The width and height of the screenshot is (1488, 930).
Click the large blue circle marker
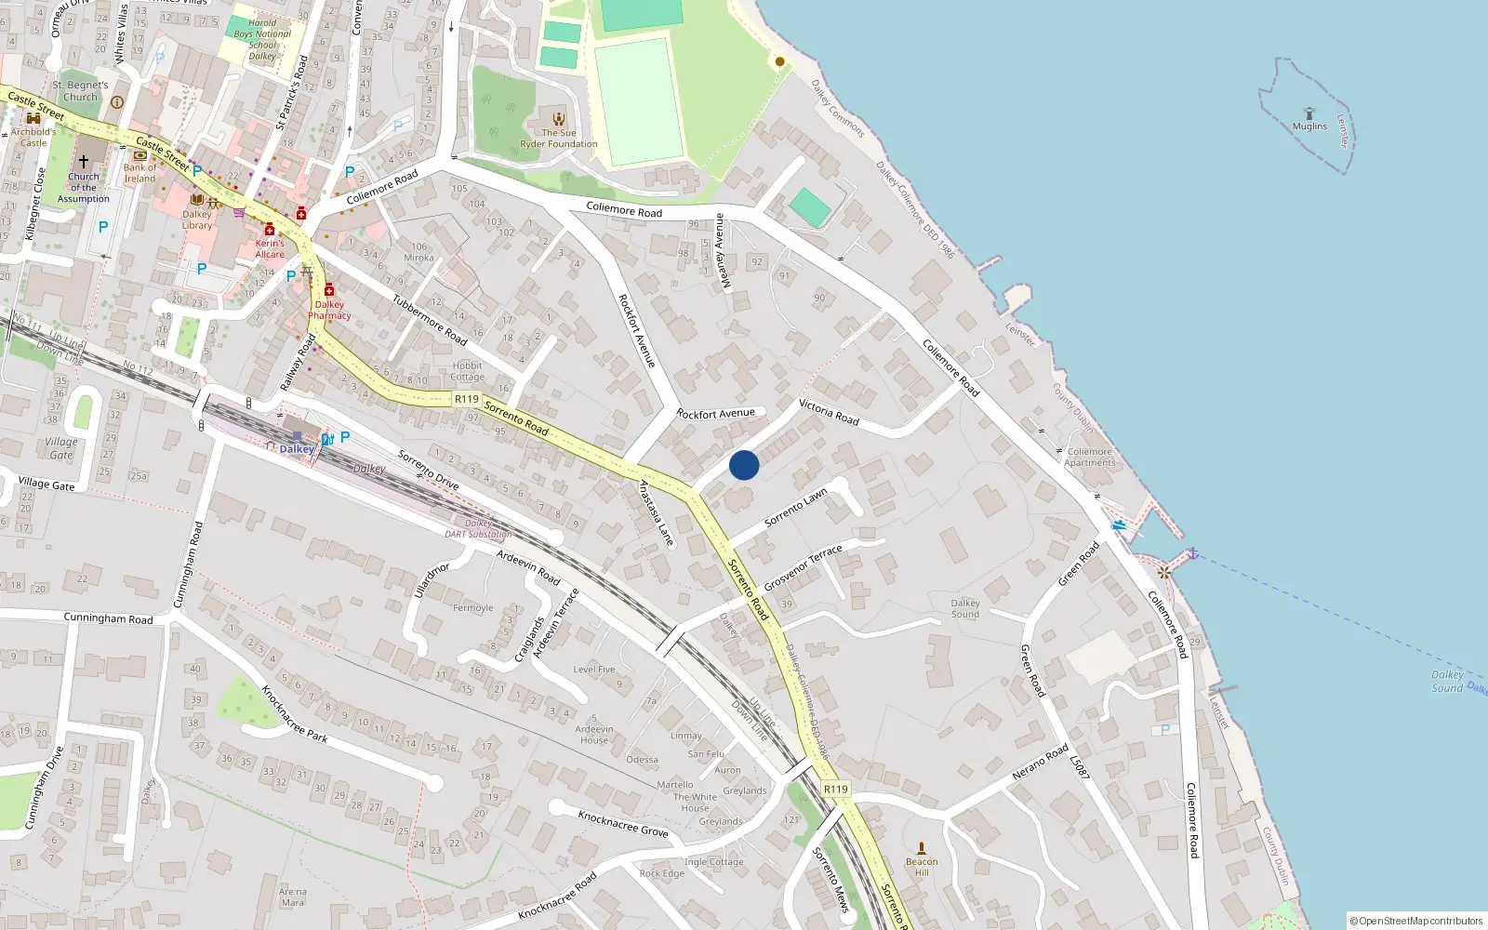(744, 465)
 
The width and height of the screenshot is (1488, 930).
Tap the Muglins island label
(1309, 126)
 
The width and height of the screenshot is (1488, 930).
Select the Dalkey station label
(297, 449)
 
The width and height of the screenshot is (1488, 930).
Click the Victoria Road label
(829, 412)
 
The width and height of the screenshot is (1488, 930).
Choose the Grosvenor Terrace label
(803, 567)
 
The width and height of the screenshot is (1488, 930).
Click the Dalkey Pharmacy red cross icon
(329, 290)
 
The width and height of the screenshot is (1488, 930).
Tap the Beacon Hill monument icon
(922, 848)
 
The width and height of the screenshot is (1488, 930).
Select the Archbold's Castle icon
(33, 118)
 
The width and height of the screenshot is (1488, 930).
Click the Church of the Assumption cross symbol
(84, 162)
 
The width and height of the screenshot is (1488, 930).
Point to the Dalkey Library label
(197, 219)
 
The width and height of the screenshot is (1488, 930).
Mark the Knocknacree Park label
(294, 713)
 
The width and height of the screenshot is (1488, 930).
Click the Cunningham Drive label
(44, 787)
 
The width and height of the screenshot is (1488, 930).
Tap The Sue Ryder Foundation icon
(559, 119)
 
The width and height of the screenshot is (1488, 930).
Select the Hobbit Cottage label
(467, 371)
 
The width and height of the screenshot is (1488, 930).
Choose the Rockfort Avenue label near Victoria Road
(715, 414)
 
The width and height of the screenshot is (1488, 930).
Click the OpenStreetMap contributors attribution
(1415, 921)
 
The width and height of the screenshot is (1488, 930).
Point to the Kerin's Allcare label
(270, 248)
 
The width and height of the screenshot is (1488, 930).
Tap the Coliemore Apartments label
(1089, 457)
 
